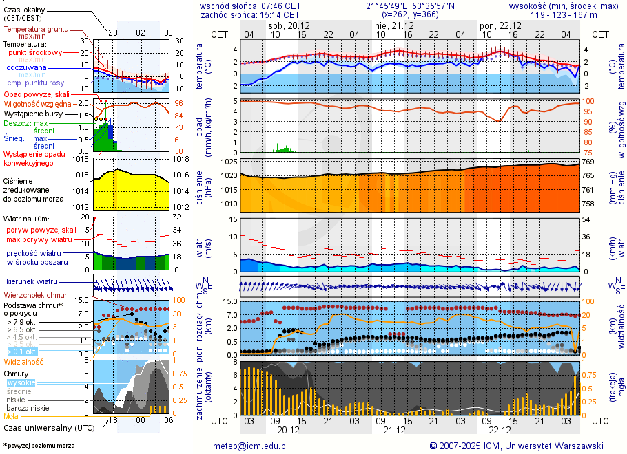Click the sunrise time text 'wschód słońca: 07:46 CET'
click(x=250, y=6)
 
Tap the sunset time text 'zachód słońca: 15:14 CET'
click(x=249, y=14)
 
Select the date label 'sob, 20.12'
click(x=289, y=25)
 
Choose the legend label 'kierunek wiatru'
click(x=31, y=281)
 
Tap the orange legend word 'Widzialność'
click(x=24, y=360)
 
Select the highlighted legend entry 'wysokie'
click(x=21, y=382)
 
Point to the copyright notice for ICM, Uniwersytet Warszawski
click(x=516, y=446)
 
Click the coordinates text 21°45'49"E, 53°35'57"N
click(x=410, y=6)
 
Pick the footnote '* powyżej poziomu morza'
click(x=39, y=446)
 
